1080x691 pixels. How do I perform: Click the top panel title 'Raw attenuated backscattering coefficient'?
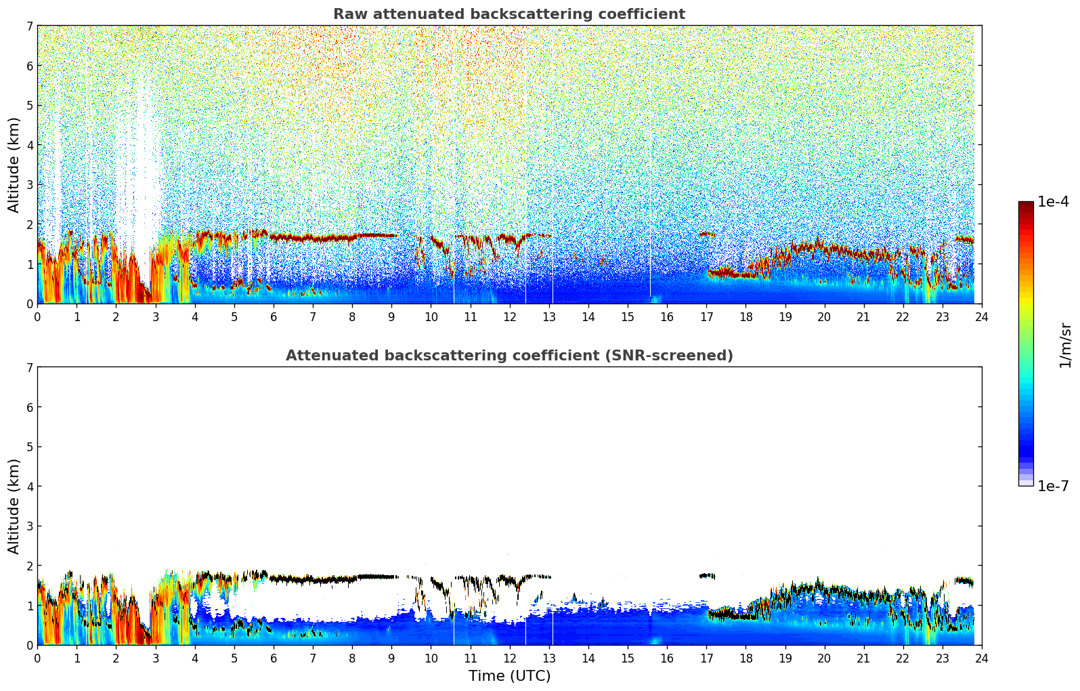click(x=509, y=14)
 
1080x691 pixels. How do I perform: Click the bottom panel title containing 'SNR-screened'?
click(x=509, y=356)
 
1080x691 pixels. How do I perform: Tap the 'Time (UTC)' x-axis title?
click(x=509, y=675)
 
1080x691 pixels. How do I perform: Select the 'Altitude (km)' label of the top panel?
click(x=14, y=165)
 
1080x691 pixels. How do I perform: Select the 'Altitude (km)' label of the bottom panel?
click(x=14, y=506)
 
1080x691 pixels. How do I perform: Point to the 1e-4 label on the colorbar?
click(x=1053, y=202)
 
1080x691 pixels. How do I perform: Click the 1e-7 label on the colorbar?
click(x=1053, y=486)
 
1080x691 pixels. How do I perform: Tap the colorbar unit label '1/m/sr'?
click(x=1065, y=345)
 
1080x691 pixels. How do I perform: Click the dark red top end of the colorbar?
click(x=1026, y=205)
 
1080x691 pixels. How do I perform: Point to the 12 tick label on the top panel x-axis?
click(x=509, y=316)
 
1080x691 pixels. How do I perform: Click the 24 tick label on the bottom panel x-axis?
click(x=982, y=658)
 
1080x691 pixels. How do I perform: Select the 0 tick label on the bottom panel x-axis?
click(x=37, y=658)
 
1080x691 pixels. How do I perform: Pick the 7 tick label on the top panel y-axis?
click(x=29, y=26)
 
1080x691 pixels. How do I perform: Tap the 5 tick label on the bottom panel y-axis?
click(x=29, y=446)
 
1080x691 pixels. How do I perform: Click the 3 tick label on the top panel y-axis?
click(x=29, y=184)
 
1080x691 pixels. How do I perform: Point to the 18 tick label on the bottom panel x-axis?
click(x=746, y=658)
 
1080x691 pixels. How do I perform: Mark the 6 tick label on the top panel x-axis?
click(x=274, y=316)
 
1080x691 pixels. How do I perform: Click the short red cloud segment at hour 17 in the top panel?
click(x=707, y=234)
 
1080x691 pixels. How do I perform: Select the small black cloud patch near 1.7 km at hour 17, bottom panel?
click(x=707, y=576)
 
